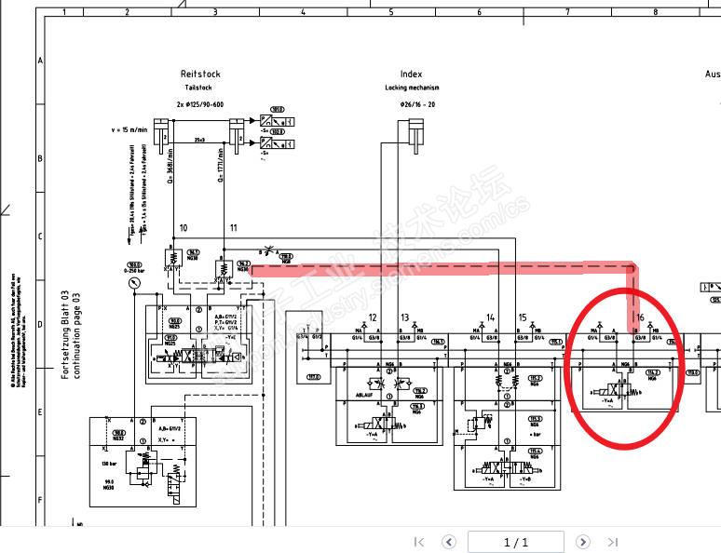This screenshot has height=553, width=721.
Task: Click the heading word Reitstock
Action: tap(200, 74)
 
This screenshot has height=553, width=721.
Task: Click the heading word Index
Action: tap(411, 74)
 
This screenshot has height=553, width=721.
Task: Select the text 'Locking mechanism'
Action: tap(411, 88)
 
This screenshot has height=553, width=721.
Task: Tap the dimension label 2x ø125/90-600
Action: tap(199, 104)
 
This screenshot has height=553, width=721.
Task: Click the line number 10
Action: tap(184, 228)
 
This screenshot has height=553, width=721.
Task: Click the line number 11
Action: tap(234, 228)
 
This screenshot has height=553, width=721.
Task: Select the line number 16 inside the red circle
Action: tap(640, 317)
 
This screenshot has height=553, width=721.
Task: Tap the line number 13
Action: tap(405, 317)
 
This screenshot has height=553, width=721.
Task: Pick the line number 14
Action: tap(490, 317)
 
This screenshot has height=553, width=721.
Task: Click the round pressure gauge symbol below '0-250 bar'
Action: tap(137, 280)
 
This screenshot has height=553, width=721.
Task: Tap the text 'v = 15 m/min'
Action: tap(130, 129)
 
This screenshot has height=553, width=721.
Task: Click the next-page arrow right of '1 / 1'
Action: tap(582, 542)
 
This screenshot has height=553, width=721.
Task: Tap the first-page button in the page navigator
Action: tap(419, 542)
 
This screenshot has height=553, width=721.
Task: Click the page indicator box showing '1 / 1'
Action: tap(515, 542)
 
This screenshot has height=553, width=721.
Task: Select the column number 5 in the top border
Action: tap(391, 12)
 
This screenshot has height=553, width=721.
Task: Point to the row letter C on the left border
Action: tap(39, 236)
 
